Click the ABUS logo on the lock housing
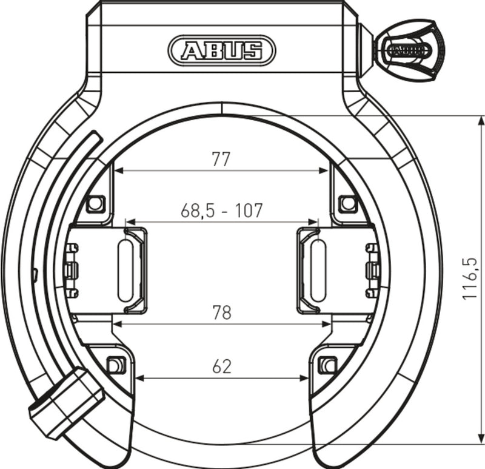(221, 50)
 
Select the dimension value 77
(221, 159)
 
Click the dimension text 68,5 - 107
(221, 211)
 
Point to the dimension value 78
(221, 312)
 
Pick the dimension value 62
(221, 366)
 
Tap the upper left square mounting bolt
(95, 204)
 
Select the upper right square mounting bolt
(347, 203)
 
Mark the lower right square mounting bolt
(327, 365)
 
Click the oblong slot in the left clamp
(125, 271)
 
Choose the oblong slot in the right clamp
(318, 271)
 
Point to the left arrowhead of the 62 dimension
(139, 379)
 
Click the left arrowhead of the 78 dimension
(118, 324)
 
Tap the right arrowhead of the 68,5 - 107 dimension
(315, 223)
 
